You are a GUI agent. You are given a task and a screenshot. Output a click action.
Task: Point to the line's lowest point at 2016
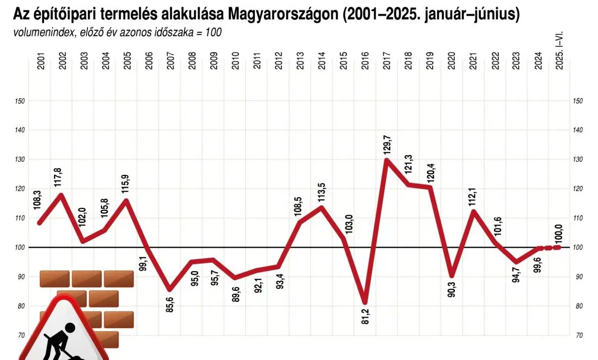click(365, 302)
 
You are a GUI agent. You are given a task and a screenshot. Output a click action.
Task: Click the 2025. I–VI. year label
click(559, 51)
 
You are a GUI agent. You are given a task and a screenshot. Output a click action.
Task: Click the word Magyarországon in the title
click(284, 15)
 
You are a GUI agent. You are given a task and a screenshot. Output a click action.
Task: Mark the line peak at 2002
click(61, 195)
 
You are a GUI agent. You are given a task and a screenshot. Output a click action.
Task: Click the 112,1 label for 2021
click(474, 197)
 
